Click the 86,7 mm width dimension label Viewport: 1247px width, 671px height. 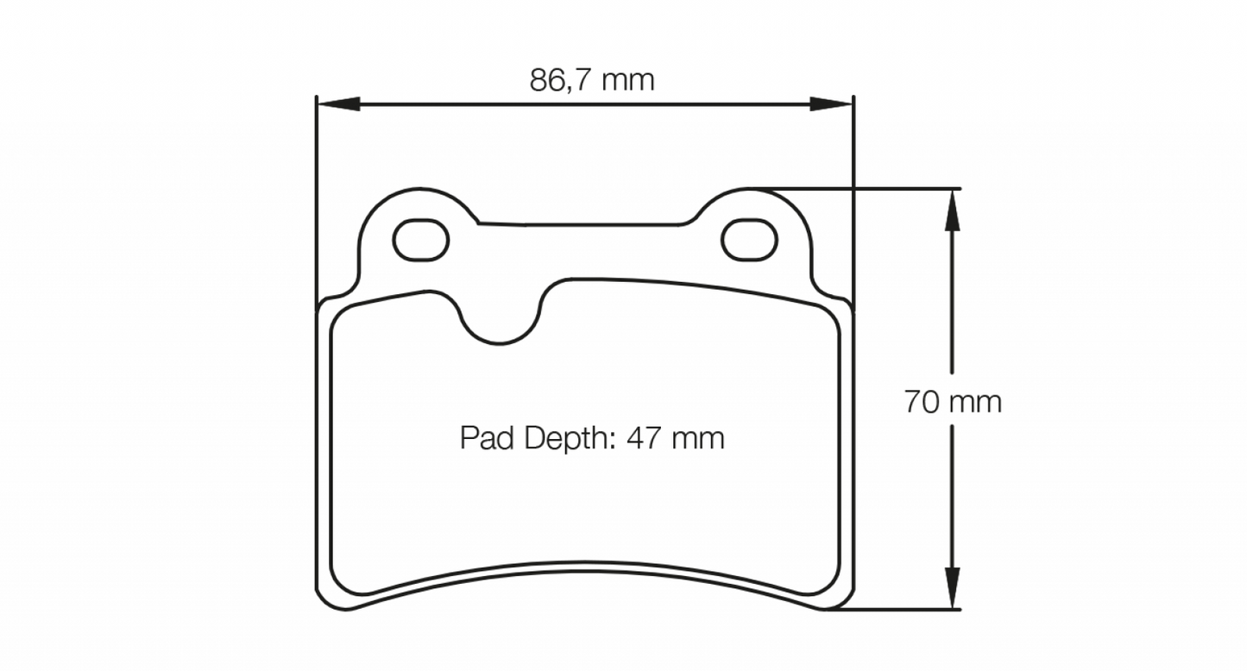coord(592,80)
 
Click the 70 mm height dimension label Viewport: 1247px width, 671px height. coord(953,402)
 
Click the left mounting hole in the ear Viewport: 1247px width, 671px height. coord(421,239)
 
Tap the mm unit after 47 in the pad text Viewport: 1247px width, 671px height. coord(696,438)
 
